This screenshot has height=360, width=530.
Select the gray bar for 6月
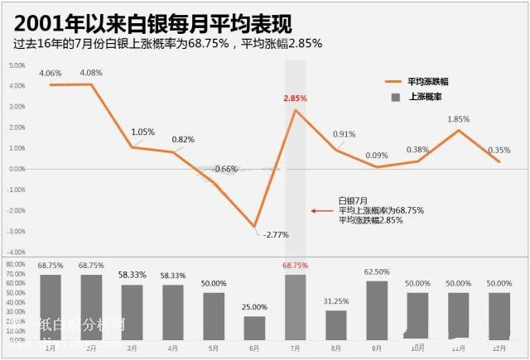tap(254, 328)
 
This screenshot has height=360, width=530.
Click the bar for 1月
tap(51, 307)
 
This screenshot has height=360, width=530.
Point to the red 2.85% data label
tap(295, 98)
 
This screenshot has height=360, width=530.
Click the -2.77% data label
tap(276, 235)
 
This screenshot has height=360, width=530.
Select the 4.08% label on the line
tap(91, 73)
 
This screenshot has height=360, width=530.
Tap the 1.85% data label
tap(458, 119)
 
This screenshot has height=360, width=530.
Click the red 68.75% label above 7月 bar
tap(295, 266)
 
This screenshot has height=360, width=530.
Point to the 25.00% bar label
tap(254, 307)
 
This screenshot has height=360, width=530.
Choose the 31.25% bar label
tap(335, 301)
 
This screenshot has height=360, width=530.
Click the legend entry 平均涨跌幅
tap(427, 81)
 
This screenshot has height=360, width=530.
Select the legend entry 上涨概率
tap(423, 97)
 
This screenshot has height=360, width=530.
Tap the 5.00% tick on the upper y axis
tap(17, 65)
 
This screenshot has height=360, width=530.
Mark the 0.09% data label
tap(377, 156)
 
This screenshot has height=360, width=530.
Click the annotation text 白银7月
tap(353, 200)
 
